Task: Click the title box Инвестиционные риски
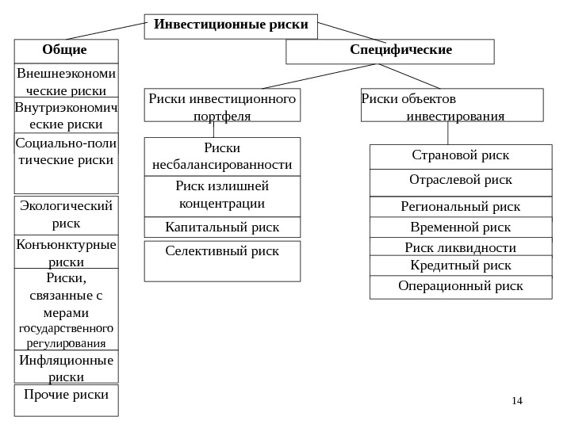click(231, 25)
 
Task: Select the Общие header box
click(66, 51)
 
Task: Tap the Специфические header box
click(389, 52)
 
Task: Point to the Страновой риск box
click(461, 156)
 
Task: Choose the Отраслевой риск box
click(461, 182)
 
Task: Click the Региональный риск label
click(461, 207)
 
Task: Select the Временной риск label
click(461, 227)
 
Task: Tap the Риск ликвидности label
click(461, 247)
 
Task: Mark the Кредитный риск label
click(461, 265)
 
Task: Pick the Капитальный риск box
click(222, 227)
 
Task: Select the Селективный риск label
click(222, 251)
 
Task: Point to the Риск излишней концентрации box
click(222, 195)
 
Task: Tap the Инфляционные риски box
click(66, 368)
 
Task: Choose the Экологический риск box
click(66, 214)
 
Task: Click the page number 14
click(517, 401)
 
